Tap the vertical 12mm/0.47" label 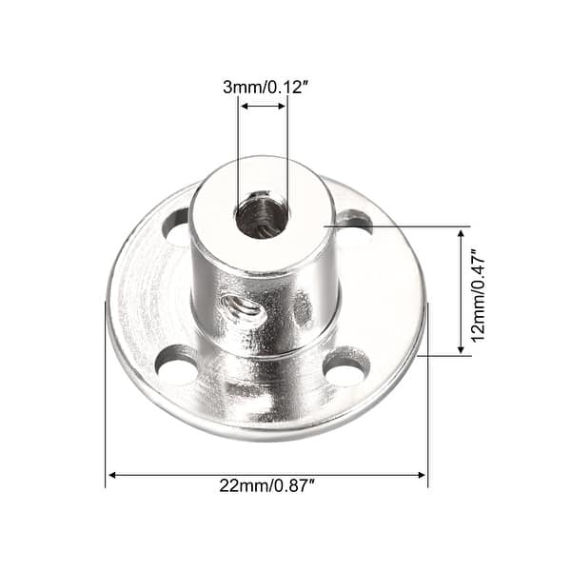(x=479, y=293)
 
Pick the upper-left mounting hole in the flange (x=177, y=227)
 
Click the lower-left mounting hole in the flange (x=177, y=364)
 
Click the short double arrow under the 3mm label (x=263, y=107)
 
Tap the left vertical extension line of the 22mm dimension (x=105, y=400)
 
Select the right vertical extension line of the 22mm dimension (x=428, y=400)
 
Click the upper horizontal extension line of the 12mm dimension (x=400, y=226)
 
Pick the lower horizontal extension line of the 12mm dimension (x=443, y=356)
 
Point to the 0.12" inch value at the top (x=285, y=87)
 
